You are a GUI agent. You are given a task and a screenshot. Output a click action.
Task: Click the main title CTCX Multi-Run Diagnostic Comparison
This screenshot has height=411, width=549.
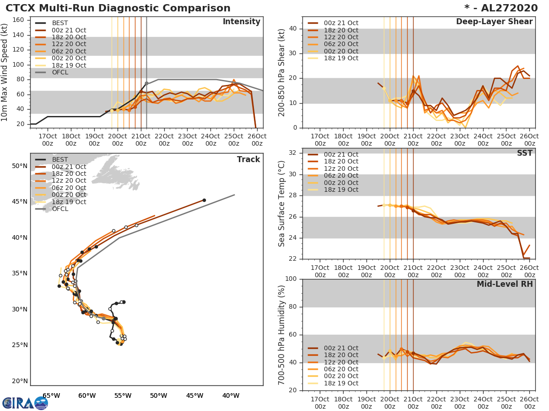[x=118, y=8]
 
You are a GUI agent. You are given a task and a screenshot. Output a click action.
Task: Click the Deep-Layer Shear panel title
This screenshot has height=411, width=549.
[x=494, y=22]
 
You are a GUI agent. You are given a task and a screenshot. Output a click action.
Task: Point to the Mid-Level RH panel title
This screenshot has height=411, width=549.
[x=505, y=284]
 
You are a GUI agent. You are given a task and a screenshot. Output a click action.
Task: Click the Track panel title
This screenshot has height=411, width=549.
[x=248, y=159]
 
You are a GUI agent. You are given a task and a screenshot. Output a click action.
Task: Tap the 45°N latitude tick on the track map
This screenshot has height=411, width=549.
[x=19, y=202]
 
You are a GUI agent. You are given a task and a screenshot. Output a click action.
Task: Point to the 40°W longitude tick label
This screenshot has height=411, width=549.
[x=231, y=395]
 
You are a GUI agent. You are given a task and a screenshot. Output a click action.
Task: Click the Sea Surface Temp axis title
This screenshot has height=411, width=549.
[x=282, y=203]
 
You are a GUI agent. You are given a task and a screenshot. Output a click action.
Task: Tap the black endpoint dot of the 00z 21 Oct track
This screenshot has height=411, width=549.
[x=204, y=200]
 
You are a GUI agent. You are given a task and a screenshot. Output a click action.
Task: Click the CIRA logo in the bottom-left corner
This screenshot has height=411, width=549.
[x=25, y=403]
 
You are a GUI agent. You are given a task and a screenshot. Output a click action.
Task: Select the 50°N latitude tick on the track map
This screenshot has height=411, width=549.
[x=19, y=166]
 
